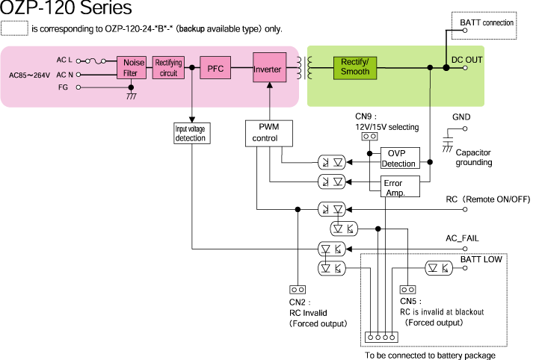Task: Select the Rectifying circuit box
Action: [x=168, y=68]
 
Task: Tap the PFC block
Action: [x=215, y=68]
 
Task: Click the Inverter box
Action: [x=268, y=68]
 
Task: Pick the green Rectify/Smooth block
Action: [x=355, y=67]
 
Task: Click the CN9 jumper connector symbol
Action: [x=368, y=137]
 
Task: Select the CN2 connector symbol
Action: [x=297, y=289]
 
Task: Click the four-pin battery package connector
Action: [x=380, y=338]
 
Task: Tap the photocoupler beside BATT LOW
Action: [x=438, y=268]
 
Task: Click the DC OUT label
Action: [x=467, y=58]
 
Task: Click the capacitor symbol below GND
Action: [x=449, y=140]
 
